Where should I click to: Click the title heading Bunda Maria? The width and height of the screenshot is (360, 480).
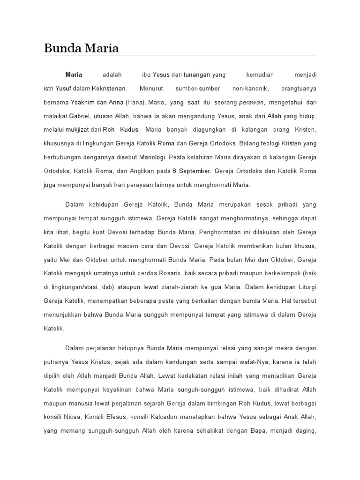[81, 48]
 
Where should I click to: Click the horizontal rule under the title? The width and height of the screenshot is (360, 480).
[180, 55]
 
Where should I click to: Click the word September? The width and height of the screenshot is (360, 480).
[194, 171]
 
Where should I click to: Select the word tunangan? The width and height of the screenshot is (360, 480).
[197, 74]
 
